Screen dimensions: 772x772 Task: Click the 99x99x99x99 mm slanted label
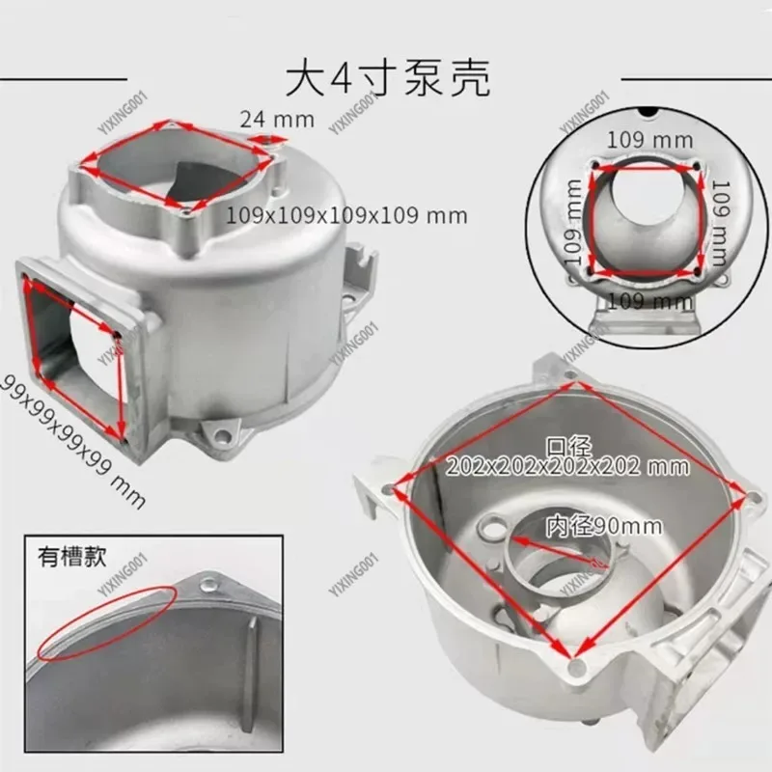[73, 440]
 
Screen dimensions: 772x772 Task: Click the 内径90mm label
[604, 526]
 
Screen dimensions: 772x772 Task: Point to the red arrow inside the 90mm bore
[569, 547]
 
